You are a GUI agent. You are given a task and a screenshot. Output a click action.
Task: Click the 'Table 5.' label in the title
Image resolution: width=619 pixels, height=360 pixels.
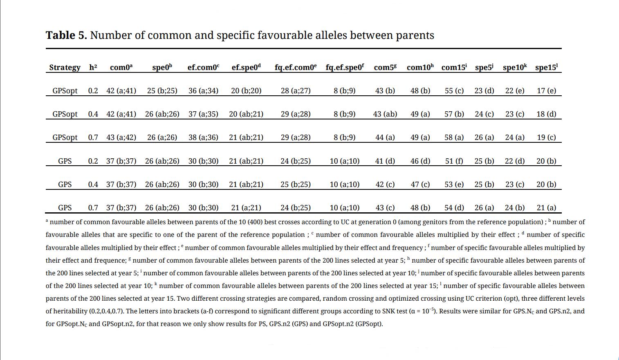(x=66, y=36)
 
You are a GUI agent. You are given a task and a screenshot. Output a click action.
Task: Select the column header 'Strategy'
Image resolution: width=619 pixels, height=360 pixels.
(x=65, y=67)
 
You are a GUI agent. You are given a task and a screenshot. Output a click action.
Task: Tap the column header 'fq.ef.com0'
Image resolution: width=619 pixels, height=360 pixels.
(x=295, y=67)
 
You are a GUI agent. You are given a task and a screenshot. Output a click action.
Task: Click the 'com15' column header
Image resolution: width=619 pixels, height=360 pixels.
(x=454, y=67)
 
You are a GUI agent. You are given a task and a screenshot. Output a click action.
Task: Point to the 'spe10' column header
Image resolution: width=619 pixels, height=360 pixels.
(x=514, y=67)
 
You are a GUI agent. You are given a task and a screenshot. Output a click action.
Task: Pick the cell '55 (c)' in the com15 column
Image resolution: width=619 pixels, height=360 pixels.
(x=454, y=91)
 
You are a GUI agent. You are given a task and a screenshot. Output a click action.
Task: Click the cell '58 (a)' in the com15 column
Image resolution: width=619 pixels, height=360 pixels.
(x=454, y=137)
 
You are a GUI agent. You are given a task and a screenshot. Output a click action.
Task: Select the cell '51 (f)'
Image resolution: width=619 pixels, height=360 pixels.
(x=454, y=161)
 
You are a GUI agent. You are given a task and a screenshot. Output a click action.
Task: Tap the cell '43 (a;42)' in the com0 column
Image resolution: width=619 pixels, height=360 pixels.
(x=121, y=137)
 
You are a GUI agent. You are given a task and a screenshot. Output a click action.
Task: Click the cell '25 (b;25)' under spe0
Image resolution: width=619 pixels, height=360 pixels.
(x=162, y=91)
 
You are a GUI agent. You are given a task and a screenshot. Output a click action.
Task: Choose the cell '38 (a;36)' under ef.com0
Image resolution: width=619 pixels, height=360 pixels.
(x=203, y=137)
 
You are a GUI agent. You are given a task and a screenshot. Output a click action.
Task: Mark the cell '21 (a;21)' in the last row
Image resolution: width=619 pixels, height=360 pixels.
(x=246, y=208)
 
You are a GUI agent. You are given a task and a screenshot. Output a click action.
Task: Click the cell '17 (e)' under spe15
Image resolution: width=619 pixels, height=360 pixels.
(x=546, y=91)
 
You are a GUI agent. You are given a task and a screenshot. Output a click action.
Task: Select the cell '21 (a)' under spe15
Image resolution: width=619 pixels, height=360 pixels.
(x=546, y=208)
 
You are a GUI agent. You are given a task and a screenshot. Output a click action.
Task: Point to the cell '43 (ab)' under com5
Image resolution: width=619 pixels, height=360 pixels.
(x=385, y=114)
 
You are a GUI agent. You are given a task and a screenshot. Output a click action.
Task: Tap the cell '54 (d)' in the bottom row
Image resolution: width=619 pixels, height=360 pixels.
(x=454, y=208)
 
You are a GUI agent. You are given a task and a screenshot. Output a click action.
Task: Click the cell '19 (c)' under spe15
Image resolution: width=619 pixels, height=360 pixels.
(x=546, y=137)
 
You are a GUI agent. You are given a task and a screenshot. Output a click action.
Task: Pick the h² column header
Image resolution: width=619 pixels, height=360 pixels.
(x=93, y=67)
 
